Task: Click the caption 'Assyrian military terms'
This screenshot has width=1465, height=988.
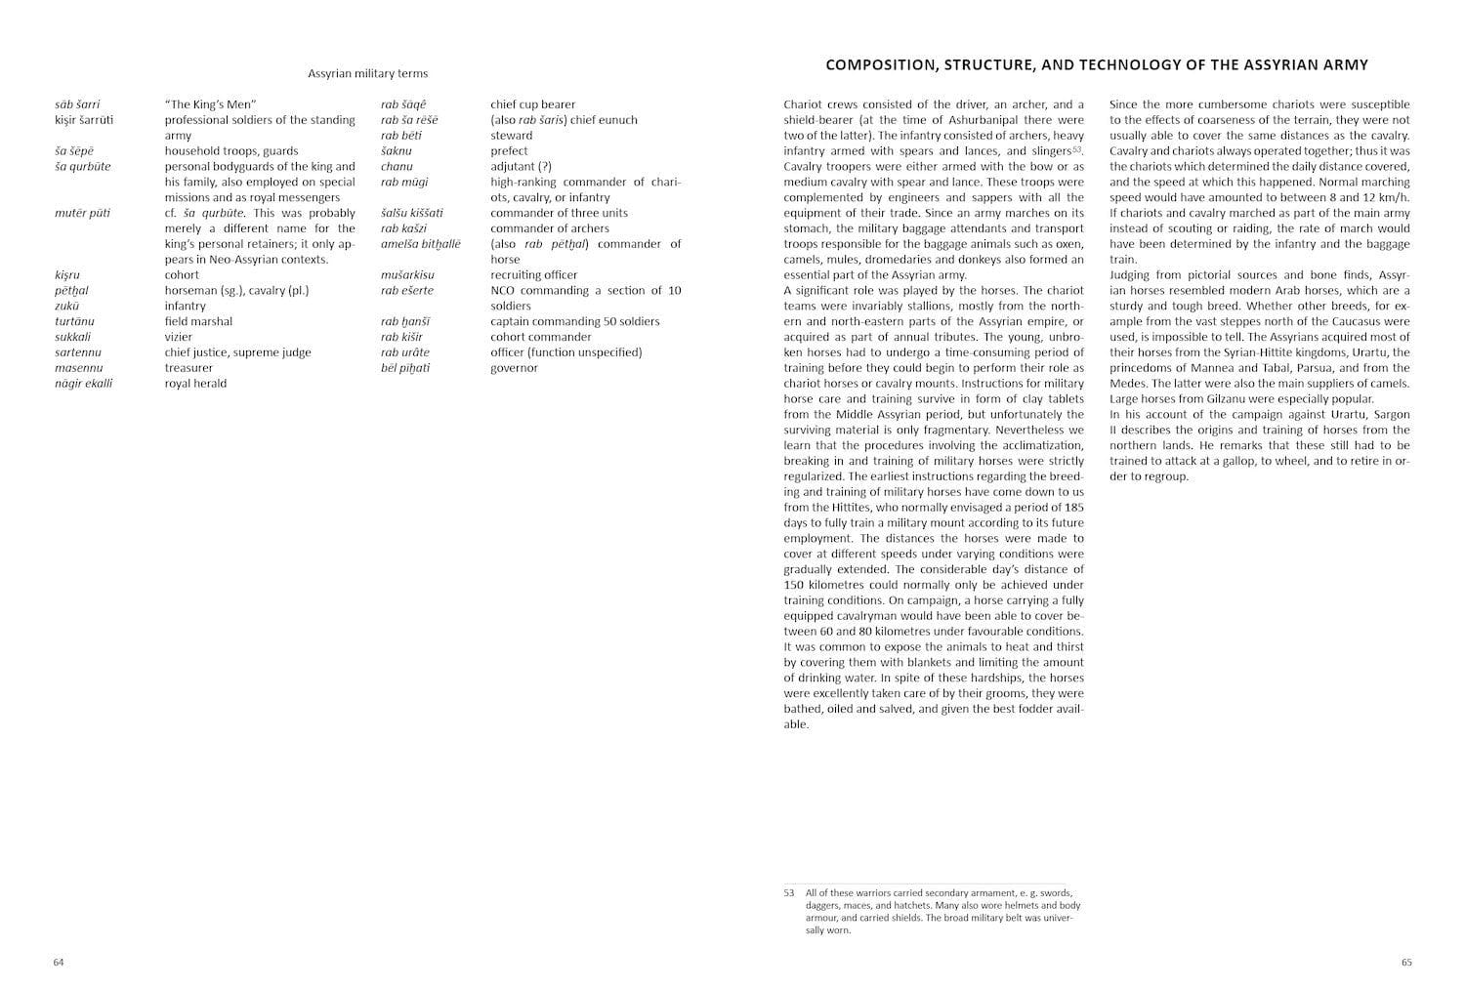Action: (x=367, y=73)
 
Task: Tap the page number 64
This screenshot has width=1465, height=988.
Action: (x=59, y=963)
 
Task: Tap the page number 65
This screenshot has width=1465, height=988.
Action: (x=1406, y=963)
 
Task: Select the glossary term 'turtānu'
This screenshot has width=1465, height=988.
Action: (x=74, y=321)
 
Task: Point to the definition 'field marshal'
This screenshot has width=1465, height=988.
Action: (x=198, y=321)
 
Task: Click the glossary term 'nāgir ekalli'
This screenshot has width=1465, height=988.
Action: (x=83, y=384)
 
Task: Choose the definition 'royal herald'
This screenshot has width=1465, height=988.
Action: (x=195, y=384)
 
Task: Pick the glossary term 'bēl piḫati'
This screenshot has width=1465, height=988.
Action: (x=405, y=368)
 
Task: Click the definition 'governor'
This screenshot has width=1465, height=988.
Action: (x=514, y=368)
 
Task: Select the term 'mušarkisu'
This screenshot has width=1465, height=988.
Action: (x=407, y=275)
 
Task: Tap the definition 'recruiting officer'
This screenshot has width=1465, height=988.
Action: (x=533, y=275)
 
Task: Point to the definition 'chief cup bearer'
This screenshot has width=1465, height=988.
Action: (x=532, y=104)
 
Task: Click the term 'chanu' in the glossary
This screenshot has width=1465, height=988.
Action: (x=397, y=167)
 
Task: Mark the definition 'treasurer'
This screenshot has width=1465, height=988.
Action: (x=188, y=368)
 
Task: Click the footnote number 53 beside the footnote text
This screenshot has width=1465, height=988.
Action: (x=789, y=892)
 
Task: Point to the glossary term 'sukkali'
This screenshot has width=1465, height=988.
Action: (x=72, y=337)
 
